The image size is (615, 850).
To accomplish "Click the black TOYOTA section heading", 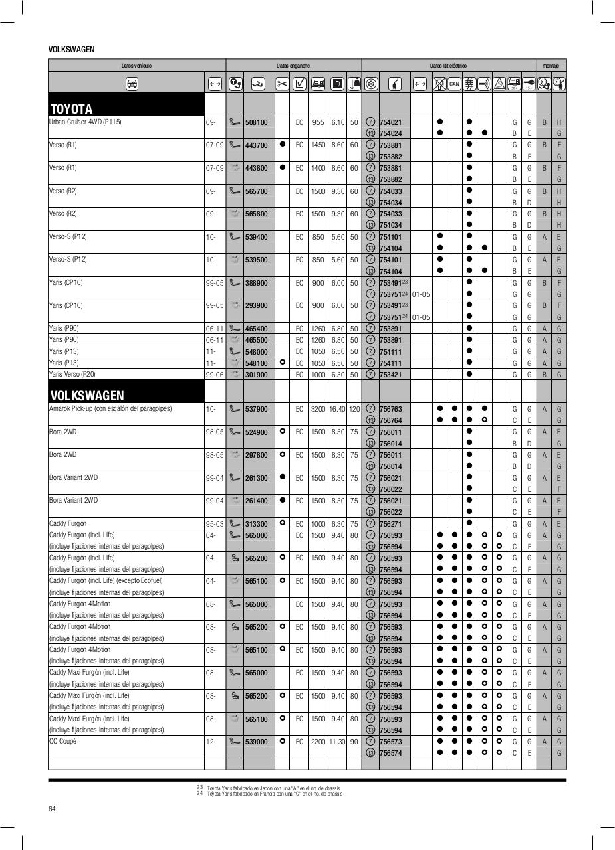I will pyautogui.click(x=72, y=109).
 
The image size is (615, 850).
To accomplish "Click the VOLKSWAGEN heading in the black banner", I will pyautogui.click(x=87, y=396).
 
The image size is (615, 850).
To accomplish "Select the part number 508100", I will pyautogui.click(x=256, y=122).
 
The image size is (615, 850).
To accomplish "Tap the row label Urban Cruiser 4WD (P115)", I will pyautogui.click(x=85, y=122).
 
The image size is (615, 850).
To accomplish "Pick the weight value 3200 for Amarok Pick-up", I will pyautogui.click(x=318, y=409).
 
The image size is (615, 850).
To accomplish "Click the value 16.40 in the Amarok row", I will pyautogui.click(x=338, y=409).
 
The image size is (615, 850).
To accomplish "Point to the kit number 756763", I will pyautogui.click(x=390, y=409).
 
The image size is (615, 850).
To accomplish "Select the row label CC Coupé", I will pyautogui.click(x=62, y=741).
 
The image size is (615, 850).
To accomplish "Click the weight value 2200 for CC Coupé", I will pyautogui.click(x=318, y=742).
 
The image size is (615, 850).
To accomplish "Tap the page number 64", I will pyautogui.click(x=53, y=808).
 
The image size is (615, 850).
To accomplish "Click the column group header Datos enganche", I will pyautogui.click(x=293, y=66).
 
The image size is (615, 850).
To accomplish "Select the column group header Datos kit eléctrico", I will pyautogui.click(x=448, y=66).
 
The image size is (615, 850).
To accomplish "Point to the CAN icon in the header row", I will pyautogui.click(x=454, y=84).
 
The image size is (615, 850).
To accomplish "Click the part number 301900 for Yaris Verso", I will pyautogui.click(x=256, y=375).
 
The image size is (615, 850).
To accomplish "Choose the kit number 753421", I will pyautogui.click(x=390, y=375).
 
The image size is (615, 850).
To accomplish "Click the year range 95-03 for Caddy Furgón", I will pyautogui.click(x=214, y=524).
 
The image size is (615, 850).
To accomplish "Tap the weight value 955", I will pyautogui.click(x=318, y=122).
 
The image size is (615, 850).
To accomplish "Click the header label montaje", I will pyautogui.click(x=551, y=66).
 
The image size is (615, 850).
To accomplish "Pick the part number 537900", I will pyautogui.click(x=256, y=409).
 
